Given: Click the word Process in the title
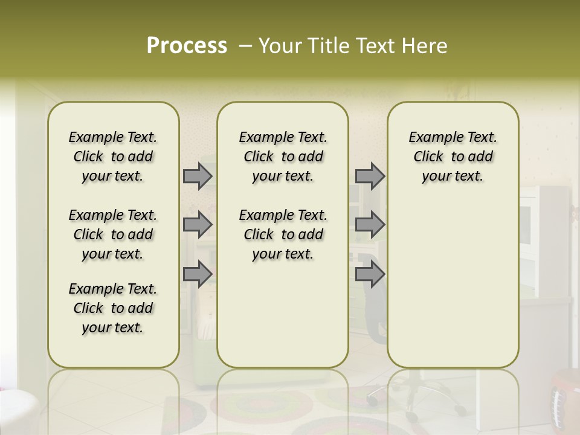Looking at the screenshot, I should (x=187, y=46).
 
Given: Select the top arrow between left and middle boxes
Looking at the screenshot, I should (x=198, y=176).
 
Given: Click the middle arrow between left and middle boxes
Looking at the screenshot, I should (x=198, y=225).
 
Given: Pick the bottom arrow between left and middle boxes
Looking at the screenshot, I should (x=198, y=274).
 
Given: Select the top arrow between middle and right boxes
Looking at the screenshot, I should (x=370, y=176).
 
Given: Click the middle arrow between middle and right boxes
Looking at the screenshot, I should (x=370, y=225).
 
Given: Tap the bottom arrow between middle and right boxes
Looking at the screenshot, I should (x=370, y=274).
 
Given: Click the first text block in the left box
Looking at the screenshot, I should (x=113, y=156).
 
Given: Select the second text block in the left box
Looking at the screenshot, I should (x=113, y=234).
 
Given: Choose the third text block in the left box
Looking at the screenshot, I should (x=113, y=308).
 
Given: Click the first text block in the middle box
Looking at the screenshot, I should (x=283, y=156).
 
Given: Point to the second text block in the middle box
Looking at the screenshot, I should (x=283, y=234).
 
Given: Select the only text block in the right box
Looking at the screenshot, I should (x=453, y=156).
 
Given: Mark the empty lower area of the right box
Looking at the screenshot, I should (x=453, y=284).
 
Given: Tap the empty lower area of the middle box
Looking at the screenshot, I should (x=283, y=314).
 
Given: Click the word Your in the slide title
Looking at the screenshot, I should (x=278, y=46).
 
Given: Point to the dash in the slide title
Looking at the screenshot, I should (x=245, y=46).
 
